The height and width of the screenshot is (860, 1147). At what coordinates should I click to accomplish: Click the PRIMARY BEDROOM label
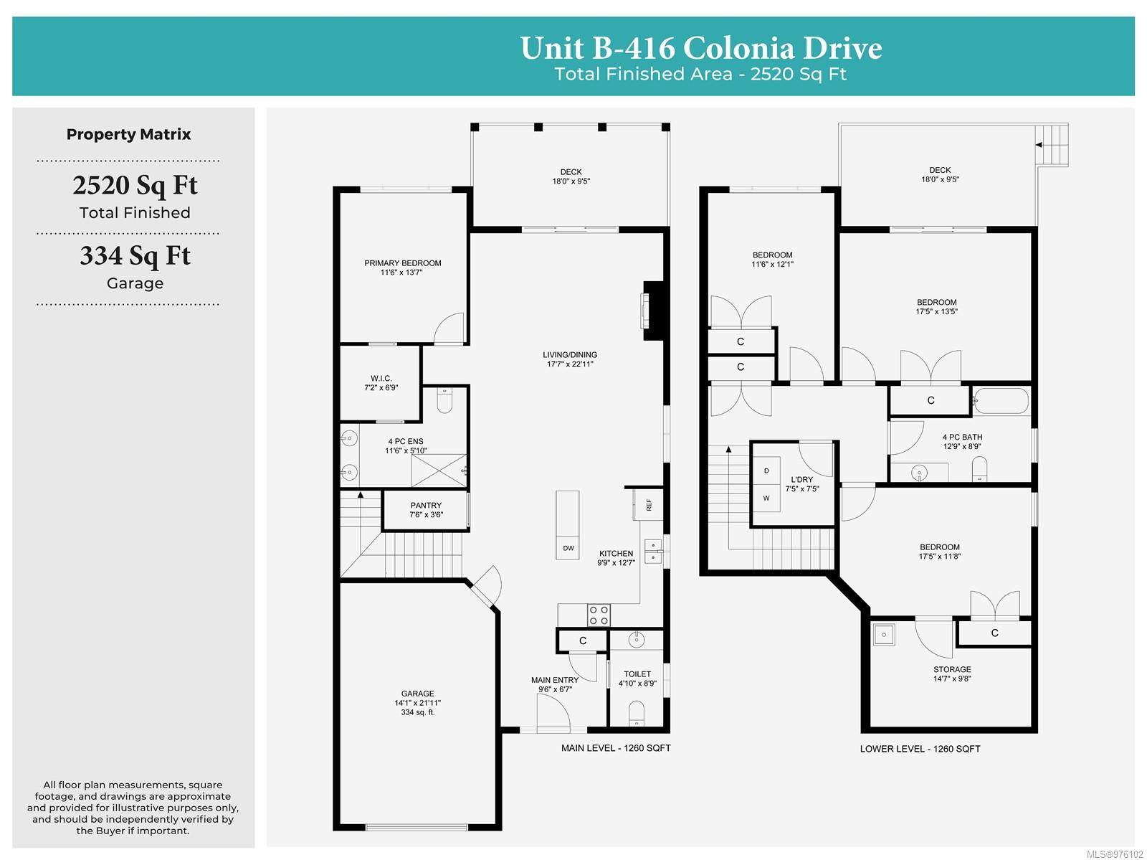coord(402,263)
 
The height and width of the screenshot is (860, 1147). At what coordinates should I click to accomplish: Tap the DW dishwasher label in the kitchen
coord(568,548)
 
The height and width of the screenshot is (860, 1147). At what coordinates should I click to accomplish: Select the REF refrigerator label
coord(649,504)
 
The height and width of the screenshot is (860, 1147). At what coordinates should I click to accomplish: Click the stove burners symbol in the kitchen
coord(599,615)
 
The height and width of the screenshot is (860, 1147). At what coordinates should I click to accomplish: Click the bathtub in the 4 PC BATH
coord(1001,401)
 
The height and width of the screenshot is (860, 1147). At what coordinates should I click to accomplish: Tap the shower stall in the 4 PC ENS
coord(439,471)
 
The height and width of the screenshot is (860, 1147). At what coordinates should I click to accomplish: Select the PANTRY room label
coord(426,505)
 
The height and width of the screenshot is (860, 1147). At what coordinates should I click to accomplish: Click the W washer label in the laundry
coord(766,498)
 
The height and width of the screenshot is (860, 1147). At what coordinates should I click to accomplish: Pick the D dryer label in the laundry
coord(766,471)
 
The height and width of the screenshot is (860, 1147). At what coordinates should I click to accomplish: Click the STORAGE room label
coord(952,669)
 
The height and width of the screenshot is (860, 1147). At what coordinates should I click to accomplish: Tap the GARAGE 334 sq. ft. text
coord(417,712)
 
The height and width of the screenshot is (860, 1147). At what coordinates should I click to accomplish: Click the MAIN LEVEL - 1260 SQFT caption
coord(616,748)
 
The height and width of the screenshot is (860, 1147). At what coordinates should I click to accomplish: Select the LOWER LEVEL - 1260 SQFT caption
coord(920,749)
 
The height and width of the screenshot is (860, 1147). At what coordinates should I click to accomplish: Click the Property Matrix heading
coord(128,134)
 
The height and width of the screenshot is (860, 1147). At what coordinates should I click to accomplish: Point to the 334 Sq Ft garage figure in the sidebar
coord(135,256)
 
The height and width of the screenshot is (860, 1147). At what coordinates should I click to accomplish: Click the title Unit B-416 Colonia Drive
coord(700,48)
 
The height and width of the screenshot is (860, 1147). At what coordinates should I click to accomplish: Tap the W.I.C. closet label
coord(381,378)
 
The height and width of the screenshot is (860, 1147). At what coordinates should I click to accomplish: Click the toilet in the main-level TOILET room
coord(637,713)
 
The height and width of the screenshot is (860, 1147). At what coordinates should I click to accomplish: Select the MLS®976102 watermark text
coord(1115,854)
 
